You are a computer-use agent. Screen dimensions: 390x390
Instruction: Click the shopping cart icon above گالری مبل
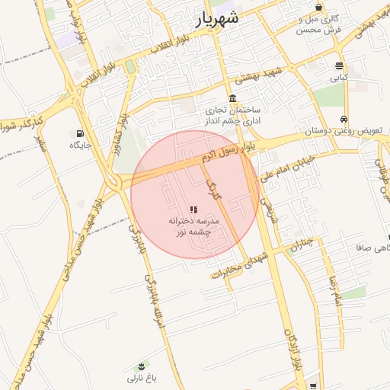pos(318,7)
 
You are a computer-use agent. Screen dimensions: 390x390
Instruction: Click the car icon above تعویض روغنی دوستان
pos(344,119)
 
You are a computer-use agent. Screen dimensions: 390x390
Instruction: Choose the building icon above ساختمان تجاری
pos(232,98)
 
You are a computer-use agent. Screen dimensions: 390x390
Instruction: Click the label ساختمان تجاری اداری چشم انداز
pos(232,116)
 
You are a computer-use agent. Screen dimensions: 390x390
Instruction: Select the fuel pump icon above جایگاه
pos(81,133)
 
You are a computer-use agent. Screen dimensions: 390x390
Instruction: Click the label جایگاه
pos(81,145)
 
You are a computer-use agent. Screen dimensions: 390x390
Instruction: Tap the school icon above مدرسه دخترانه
pos(193,209)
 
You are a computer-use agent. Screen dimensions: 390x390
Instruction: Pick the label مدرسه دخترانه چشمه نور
pos(193,225)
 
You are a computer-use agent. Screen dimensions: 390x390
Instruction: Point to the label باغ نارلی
pos(141,379)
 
